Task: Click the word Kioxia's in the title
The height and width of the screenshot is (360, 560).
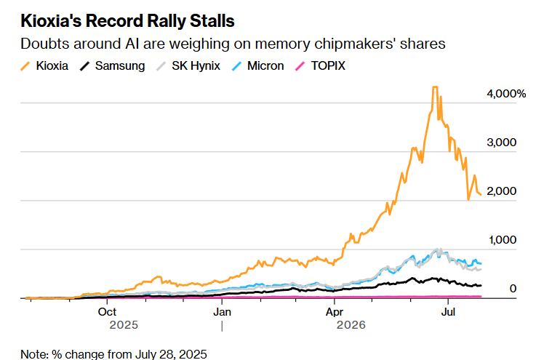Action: pos(52,20)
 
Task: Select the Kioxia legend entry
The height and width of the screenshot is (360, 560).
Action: pos(44,65)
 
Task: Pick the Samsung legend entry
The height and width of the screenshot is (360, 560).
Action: pos(112,65)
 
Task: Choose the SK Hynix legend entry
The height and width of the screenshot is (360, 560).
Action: pos(188,65)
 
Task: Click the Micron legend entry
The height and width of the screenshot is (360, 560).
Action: pos(258,65)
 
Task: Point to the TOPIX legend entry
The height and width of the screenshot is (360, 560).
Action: pos(320,65)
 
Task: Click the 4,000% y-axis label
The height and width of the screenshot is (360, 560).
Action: pos(506,94)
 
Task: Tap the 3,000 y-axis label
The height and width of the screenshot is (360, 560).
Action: pos(501,143)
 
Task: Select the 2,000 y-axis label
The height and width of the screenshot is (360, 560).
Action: pos(501,191)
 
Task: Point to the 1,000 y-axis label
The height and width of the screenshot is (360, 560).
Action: pos(503,240)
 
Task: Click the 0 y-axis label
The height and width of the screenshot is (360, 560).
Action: pos(513,289)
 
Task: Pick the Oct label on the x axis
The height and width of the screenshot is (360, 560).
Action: pos(107,312)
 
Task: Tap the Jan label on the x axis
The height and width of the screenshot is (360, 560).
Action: pos(222,312)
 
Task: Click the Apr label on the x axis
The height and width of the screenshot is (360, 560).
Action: pos(335,312)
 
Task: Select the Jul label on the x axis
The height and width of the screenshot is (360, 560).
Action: pos(448,312)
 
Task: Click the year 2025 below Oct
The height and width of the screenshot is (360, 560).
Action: pos(124,325)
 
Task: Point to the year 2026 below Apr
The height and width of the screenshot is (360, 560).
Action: pos(351,325)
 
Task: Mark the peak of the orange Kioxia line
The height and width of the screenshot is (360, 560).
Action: pos(435,87)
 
